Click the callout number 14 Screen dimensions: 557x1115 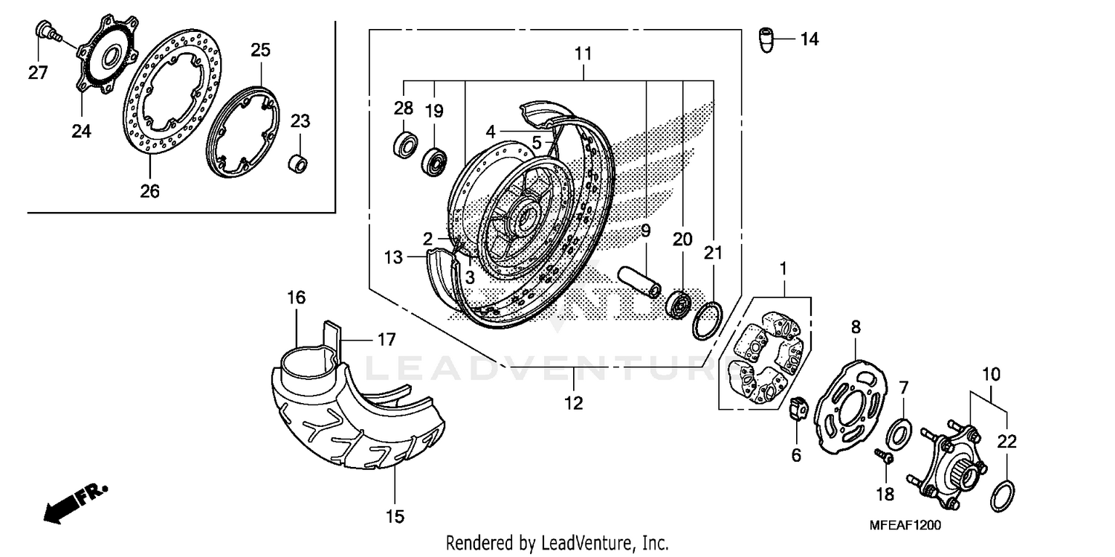tap(809, 39)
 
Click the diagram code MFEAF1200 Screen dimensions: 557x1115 tap(905, 525)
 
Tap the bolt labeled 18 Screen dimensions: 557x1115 tap(885, 456)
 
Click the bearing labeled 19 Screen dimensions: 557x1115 tap(434, 161)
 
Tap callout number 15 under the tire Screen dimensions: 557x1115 tap(395, 515)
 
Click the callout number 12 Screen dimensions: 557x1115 tap(573, 403)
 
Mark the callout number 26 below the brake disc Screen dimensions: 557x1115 tap(150, 191)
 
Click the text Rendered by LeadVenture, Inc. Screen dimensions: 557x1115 tap(557, 543)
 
